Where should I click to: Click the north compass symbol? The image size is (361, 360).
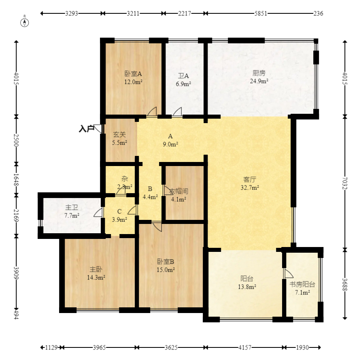(25, 23)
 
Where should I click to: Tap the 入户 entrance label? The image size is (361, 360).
(87, 128)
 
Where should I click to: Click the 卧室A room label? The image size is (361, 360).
(133, 74)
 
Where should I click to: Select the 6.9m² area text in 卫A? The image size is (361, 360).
(183, 84)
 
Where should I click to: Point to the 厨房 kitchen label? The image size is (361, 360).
(259, 73)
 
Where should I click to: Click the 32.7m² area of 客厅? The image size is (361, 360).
(250, 187)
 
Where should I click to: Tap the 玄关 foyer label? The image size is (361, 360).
(119, 134)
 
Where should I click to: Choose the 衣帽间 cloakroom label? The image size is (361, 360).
(179, 191)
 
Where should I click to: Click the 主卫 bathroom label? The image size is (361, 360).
(72, 207)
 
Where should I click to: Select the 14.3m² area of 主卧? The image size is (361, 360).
(96, 277)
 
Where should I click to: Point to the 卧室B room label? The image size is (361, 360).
(166, 262)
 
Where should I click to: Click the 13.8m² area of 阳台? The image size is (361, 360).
(247, 287)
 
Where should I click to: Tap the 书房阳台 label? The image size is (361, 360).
(302, 284)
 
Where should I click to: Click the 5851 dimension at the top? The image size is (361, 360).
(261, 13)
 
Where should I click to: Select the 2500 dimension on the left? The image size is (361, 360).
(16, 140)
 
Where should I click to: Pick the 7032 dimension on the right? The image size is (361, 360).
(345, 183)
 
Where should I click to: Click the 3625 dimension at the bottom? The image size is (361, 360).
(171, 347)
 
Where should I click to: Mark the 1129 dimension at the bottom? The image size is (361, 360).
(51, 347)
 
